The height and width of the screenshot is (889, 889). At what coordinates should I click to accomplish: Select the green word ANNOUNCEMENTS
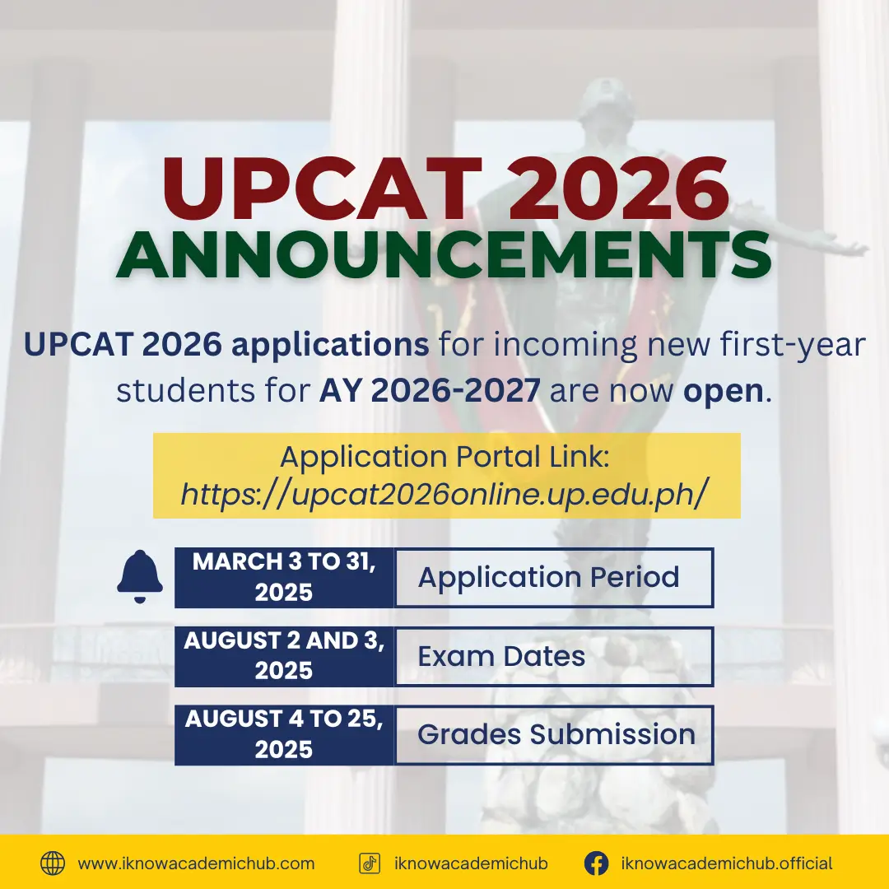point(444,256)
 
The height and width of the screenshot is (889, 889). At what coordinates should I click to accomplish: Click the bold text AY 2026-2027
point(429,391)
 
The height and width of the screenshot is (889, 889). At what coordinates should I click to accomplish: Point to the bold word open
point(724,392)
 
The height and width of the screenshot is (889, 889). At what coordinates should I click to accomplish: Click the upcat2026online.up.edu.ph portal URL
point(444,494)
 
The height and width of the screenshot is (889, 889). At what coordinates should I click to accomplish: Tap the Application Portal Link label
point(444,456)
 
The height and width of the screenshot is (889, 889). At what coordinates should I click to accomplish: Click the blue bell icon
point(139,576)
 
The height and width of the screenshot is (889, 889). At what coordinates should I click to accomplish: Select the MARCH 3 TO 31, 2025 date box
point(284,577)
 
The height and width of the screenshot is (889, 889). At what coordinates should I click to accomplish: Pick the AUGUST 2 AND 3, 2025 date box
point(284,656)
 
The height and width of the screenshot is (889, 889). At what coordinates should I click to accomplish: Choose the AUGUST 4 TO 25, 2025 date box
point(284,735)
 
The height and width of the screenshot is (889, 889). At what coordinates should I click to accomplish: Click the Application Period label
point(548,578)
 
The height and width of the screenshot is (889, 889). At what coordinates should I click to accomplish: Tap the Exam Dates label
point(501,657)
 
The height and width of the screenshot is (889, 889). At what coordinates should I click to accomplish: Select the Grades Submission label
point(556,734)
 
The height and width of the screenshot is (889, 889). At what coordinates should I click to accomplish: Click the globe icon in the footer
point(53,863)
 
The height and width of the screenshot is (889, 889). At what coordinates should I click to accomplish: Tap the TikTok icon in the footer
point(370,863)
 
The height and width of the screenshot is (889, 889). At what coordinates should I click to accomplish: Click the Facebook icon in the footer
point(597,863)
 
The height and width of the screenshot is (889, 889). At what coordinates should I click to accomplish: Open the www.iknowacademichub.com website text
point(196,863)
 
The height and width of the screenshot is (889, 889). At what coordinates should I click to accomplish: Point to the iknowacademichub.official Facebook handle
point(727,863)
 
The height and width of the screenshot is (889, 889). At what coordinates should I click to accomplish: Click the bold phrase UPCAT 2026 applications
point(226,345)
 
